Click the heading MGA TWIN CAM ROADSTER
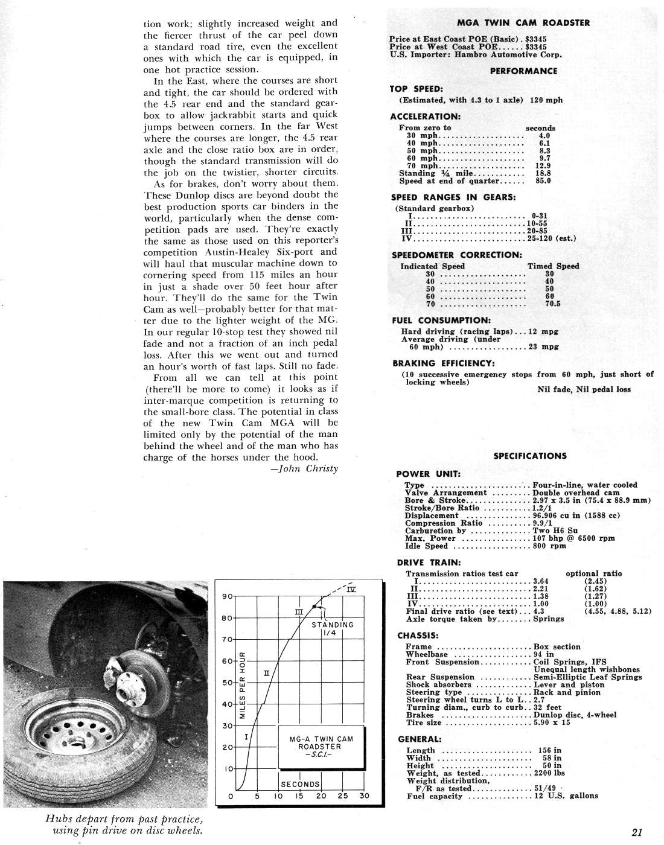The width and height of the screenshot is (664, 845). coord(523,23)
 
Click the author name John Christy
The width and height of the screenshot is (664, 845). coord(304,469)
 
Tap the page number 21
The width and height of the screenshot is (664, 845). coord(637,832)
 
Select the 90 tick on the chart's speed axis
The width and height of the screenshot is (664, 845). coord(228,596)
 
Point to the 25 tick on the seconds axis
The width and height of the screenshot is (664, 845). coord(343,796)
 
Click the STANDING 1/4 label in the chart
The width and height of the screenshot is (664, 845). coord(332,629)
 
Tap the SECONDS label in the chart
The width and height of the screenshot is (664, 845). coord(300,784)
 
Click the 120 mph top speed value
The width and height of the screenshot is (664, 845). coord(546,100)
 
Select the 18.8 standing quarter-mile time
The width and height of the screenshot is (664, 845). coord(543,173)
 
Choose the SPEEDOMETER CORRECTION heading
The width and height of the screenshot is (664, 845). coord(456,255)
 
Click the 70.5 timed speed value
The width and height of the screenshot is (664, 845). coord(552,304)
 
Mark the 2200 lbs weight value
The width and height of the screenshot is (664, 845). coord(549,773)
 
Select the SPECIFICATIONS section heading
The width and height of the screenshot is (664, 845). coord(530,456)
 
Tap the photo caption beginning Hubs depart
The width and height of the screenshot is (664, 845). coord(124,825)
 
